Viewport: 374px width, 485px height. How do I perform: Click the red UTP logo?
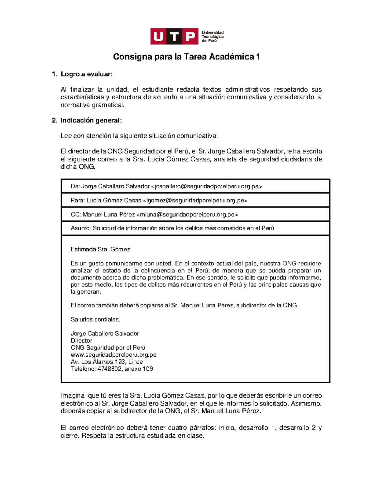[x=174, y=37]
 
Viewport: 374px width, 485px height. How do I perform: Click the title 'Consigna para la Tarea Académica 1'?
[x=186, y=57]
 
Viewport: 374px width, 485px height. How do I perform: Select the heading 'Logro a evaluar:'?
[x=86, y=74]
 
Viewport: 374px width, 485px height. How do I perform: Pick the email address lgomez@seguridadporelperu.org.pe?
[x=195, y=200]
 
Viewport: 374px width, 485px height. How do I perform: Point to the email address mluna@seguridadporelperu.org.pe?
[x=187, y=215]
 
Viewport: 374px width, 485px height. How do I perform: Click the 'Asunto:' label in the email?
[x=81, y=228]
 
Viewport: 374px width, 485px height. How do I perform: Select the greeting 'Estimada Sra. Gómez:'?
[x=101, y=250]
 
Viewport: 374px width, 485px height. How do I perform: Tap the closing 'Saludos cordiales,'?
[x=95, y=319]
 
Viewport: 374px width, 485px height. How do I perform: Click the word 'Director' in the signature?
[x=81, y=341]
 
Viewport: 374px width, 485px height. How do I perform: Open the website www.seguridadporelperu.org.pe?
[x=113, y=355]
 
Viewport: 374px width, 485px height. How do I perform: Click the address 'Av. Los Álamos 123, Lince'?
[x=107, y=362]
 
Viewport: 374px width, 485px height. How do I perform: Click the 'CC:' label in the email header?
[x=76, y=215]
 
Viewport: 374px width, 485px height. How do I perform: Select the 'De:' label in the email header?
[x=75, y=186]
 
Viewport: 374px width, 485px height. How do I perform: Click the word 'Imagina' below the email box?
[x=72, y=396]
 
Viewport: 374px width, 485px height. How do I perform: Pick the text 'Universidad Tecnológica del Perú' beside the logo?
[x=213, y=37]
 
